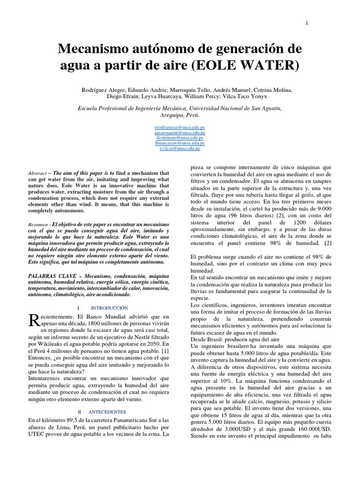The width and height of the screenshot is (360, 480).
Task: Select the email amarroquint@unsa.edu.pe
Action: click(x=180, y=133)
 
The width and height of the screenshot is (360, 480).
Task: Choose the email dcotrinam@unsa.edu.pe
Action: click(x=180, y=138)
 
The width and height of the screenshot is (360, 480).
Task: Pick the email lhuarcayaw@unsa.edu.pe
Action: click(x=180, y=143)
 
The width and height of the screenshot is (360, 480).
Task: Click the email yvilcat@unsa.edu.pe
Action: click(x=180, y=148)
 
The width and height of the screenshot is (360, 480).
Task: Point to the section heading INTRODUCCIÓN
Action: click(x=109, y=308)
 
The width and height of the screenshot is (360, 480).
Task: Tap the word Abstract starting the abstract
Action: click(x=37, y=173)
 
